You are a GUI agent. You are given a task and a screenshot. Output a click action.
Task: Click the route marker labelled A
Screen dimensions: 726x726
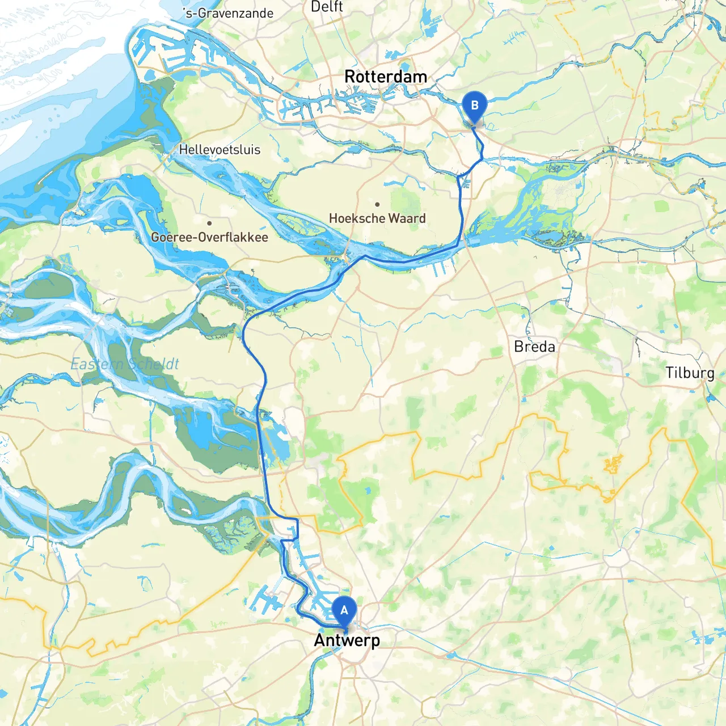pyautogui.click(x=344, y=613)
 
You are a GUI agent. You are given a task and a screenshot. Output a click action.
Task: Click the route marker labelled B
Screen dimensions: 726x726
pyautogui.click(x=475, y=108)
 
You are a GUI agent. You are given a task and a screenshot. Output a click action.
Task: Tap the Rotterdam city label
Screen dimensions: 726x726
pyautogui.click(x=386, y=77)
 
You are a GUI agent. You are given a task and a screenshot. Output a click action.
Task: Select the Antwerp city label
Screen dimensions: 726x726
pyautogui.click(x=347, y=640)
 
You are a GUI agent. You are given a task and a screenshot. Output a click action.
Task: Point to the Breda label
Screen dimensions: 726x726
pyautogui.click(x=534, y=347)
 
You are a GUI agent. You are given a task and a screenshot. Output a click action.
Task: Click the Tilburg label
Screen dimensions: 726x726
pyautogui.click(x=690, y=373)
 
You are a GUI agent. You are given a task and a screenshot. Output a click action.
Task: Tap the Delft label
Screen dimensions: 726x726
pyautogui.click(x=327, y=7)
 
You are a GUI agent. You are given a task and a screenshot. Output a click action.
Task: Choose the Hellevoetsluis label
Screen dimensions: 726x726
pyautogui.click(x=220, y=150)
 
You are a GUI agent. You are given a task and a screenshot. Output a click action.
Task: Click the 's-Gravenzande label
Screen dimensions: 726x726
pyautogui.click(x=229, y=13)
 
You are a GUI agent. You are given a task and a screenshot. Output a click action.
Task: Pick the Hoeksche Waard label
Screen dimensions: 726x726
pyautogui.click(x=377, y=218)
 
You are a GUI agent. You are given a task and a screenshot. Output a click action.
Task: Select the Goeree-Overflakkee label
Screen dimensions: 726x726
pyautogui.click(x=209, y=237)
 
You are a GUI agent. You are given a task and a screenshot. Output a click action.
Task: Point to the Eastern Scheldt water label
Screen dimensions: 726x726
pyautogui.click(x=125, y=364)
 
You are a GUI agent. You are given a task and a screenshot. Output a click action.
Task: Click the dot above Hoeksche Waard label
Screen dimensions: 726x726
pyautogui.click(x=377, y=204)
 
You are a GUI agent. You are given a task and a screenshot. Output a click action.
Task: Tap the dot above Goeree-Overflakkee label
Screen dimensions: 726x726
pyautogui.click(x=209, y=223)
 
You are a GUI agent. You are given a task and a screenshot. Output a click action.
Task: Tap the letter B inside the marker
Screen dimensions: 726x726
pyautogui.click(x=475, y=105)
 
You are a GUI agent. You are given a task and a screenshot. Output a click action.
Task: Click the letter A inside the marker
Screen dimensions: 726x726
pyautogui.click(x=344, y=610)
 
